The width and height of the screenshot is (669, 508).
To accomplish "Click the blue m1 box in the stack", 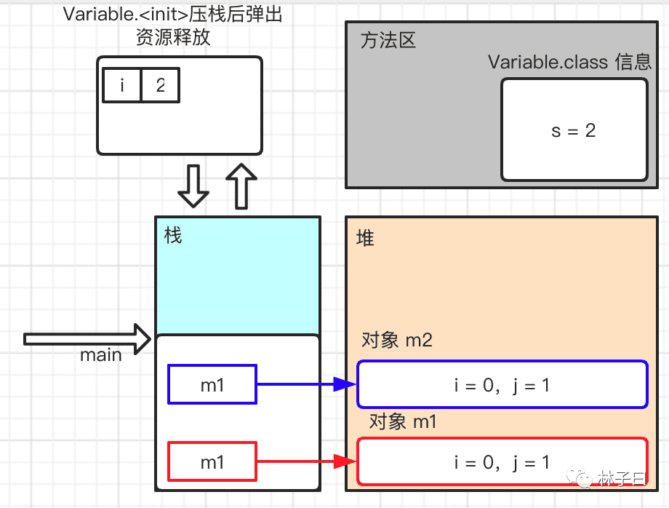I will point(212,384).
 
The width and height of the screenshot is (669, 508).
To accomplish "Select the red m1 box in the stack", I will point(212,461).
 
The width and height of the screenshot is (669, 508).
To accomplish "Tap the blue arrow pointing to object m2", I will point(305,384).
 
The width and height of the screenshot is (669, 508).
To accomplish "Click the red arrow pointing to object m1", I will point(305,461).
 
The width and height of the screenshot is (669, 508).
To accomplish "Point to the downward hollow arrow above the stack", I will point(193,186).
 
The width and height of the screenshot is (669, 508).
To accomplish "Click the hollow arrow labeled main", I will point(87,339).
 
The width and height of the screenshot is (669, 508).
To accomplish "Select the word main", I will point(101,355).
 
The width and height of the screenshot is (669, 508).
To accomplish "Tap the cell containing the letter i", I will point(122,86).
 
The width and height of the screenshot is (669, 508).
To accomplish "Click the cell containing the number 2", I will point(160,86).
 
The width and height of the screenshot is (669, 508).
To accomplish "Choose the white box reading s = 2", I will point(574,130).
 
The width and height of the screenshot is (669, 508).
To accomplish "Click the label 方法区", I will point(388,40).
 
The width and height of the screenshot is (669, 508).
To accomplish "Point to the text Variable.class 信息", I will point(569,62).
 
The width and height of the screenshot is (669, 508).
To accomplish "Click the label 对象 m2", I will point(396,340).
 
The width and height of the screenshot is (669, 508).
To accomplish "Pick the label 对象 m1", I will point(403,421).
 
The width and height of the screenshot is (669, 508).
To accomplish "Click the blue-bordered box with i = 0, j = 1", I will point(502,384).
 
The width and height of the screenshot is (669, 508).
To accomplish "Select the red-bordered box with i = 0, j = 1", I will point(502,461).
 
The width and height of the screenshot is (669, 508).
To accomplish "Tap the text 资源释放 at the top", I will point(173,37).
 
